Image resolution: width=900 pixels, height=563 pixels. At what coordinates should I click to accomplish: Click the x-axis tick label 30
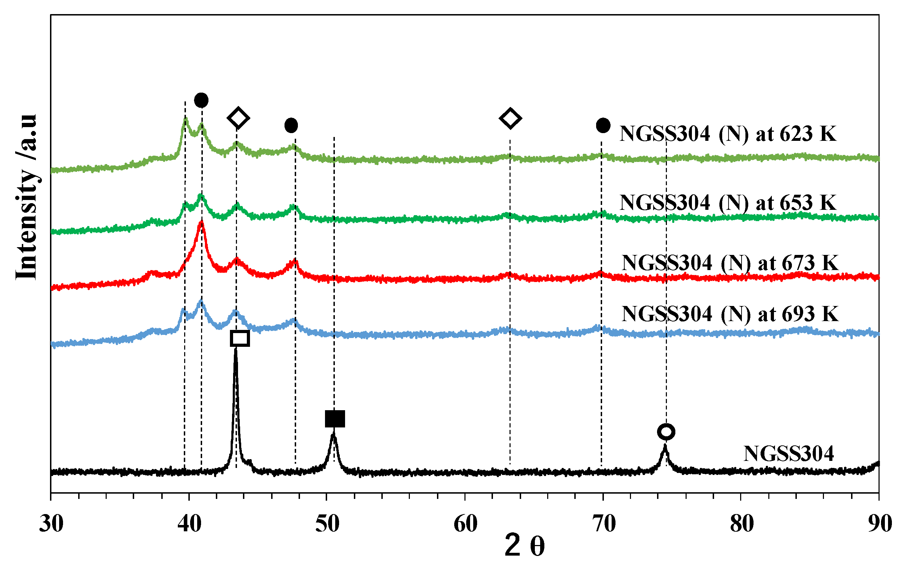(x=51, y=524)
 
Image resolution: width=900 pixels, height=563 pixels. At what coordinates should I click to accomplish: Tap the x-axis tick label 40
(x=189, y=524)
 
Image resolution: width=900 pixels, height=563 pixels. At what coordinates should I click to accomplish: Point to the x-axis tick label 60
(x=465, y=524)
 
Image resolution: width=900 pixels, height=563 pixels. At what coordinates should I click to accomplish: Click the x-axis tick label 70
(x=604, y=524)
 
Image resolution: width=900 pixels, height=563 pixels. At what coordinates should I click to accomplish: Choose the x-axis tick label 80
(x=742, y=524)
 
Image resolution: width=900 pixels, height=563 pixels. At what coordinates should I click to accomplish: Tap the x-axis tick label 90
(x=880, y=524)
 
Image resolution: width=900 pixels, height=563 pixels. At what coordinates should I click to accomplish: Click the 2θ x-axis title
(x=524, y=546)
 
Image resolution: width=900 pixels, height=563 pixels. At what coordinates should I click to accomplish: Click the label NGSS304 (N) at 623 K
(x=728, y=134)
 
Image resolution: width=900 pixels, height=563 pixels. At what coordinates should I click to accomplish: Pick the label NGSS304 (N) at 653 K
(x=728, y=203)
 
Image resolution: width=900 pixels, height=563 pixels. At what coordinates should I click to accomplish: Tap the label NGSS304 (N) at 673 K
(x=730, y=263)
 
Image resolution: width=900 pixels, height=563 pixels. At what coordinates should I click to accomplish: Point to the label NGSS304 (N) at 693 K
(x=730, y=314)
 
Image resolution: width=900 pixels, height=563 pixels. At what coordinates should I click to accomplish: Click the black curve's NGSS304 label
(x=788, y=453)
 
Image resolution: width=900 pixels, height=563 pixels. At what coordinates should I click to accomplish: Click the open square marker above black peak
(x=240, y=338)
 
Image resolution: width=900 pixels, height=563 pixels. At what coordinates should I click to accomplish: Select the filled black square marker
(x=335, y=419)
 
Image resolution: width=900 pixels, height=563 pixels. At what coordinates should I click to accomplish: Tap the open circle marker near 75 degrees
(x=666, y=432)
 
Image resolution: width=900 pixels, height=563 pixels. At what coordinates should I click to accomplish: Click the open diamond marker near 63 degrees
(x=510, y=118)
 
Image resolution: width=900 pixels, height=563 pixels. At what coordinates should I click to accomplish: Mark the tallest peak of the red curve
(x=202, y=222)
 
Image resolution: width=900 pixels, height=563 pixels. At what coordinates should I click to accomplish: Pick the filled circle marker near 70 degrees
(x=603, y=125)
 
